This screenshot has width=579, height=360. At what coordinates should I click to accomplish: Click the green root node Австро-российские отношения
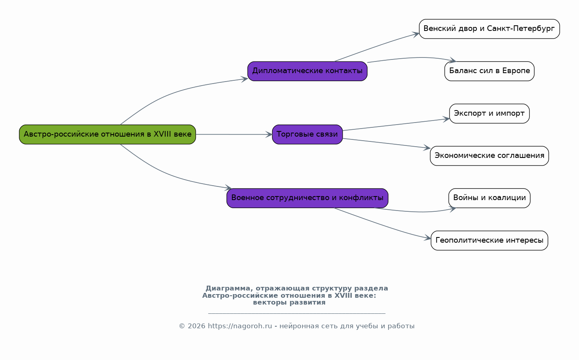point(107,135)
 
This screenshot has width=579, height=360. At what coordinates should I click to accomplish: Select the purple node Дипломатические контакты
point(307,71)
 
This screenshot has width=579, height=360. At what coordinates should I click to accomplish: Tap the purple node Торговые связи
point(307,135)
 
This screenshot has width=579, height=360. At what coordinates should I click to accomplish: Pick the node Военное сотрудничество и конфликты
point(307,198)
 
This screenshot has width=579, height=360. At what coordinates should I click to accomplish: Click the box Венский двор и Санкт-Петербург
point(489,29)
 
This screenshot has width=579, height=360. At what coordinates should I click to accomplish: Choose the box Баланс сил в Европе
point(489,71)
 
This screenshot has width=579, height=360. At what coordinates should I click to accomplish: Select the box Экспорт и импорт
point(489,114)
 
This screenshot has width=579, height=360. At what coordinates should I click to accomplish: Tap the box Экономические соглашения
point(489,156)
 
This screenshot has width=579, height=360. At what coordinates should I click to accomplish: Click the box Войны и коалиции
point(489,198)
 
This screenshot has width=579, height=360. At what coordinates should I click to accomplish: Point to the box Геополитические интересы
point(489,240)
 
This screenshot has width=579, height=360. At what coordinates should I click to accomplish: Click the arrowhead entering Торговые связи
point(269,135)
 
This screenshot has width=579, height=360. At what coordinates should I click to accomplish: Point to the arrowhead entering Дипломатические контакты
point(245,79)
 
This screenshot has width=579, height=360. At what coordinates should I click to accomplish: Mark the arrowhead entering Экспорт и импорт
point(446,119)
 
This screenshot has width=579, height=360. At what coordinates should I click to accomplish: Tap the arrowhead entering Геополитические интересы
point(428,238)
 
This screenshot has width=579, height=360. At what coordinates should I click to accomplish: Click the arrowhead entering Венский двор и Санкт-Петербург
point(416,34)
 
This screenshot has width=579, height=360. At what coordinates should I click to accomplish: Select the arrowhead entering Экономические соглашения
point(427,148)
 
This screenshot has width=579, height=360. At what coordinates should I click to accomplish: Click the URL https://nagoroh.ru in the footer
point(240,326)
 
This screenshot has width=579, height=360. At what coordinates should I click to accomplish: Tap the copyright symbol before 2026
point(182,326)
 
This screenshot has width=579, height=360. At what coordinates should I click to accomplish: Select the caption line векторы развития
point(289,303)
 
